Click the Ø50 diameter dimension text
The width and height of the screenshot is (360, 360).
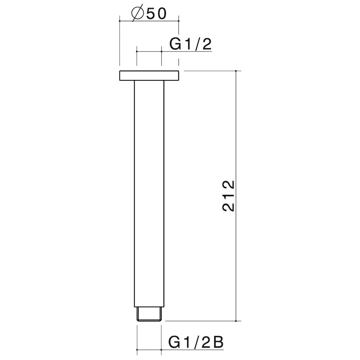(x=149, y=14)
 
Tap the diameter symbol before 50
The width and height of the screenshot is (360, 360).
(x=138, y=14)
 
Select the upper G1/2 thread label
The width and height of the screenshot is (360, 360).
(x=190, y=44)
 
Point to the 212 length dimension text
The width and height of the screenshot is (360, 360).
(x=229, y=195)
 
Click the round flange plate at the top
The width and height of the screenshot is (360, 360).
(x=149, y=76)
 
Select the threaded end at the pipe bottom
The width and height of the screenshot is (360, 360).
(x=149, y=314)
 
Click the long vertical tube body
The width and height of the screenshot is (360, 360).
(x=149, y=194)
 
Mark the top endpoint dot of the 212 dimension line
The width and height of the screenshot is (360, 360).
(x=236, y=71)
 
